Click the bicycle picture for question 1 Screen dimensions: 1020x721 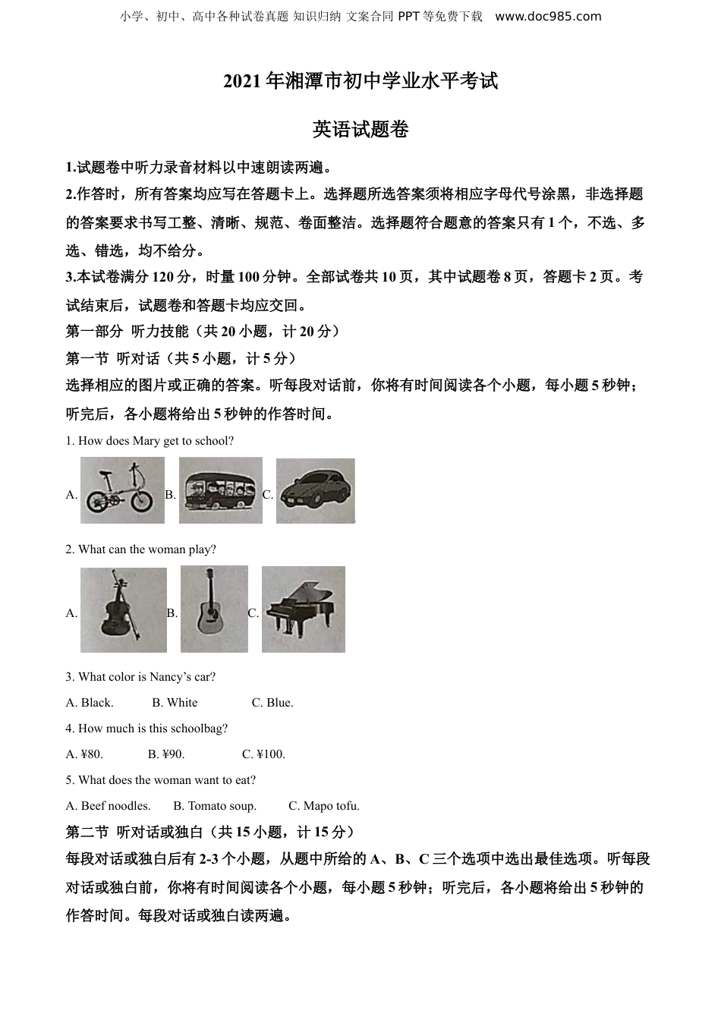(x=122, y=490)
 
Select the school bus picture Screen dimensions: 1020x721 (x=220, y=490)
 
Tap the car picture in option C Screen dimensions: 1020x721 (x=315, y=490)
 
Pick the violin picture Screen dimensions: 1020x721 (x=123, y=610)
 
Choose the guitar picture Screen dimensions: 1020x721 (x=214, y=609)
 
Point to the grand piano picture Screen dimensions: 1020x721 (x=303, y=609)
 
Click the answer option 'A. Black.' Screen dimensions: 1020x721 (x=90, y=703)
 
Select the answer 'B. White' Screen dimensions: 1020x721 (x=175, y=703)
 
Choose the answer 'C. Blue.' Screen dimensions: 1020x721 (x=272, y=703)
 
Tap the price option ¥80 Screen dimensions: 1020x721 (x=84, y=754)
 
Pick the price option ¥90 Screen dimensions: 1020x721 (x=166, y=754)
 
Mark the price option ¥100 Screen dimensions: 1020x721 (x=264, y=754)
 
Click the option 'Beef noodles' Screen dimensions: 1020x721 (x=109, y=806)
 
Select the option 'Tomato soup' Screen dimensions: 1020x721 (x=215, y=806)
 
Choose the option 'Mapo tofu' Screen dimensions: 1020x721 (x=324, y=806)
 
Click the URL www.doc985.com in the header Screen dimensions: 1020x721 (x=548, y=16)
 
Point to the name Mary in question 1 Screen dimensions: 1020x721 (x=145, y=441)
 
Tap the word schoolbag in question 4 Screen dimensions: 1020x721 (x=200, y=729)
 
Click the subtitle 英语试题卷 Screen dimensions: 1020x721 (x=360, y=130)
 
